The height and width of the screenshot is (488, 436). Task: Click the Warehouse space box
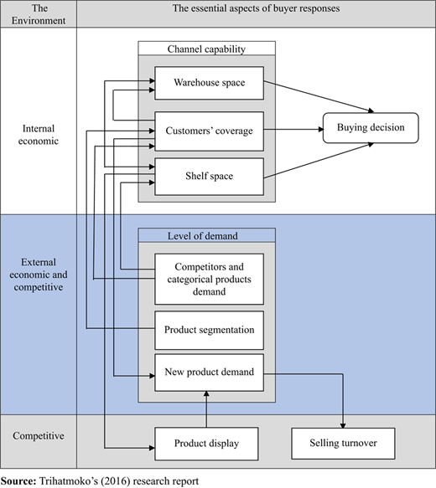pos(209,83)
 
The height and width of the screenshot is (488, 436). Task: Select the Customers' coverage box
pos(209,131)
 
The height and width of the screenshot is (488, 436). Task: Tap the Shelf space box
pos(209,177)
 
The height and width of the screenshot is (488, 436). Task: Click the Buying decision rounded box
pos(371,128)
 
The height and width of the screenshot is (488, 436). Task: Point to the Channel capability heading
pos(206,49)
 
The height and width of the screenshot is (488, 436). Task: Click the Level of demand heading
pos(203,236)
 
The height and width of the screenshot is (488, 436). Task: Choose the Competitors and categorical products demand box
pos(209,279)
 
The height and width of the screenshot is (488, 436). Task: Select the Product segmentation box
pos(209,330)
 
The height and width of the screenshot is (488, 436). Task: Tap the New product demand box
pos(209,372)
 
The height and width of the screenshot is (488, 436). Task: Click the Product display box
pos(206,444)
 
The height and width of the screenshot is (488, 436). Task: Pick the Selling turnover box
pos(343,444)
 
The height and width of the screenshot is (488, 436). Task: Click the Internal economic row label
pos(39,135)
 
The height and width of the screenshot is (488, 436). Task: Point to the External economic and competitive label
pos(39,275)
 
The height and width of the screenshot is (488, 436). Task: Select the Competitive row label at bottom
pos(39,436)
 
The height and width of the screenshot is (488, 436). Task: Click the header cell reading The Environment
pos(39,14)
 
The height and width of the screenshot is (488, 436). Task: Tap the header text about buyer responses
pos(257,8)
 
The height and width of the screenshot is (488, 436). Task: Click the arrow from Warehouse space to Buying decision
pos(319,96)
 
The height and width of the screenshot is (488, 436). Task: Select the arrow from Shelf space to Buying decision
pos(319,161)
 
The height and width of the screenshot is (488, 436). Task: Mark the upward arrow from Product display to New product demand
pos(206,409)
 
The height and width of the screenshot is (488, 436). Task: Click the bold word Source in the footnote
pos(18,481)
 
